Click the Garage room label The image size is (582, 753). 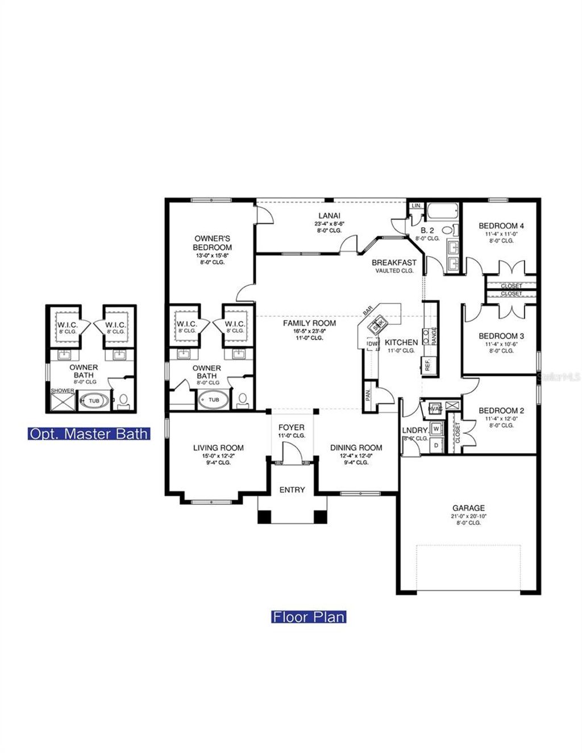468,508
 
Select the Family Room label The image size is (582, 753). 310,323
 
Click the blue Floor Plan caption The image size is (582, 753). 309,616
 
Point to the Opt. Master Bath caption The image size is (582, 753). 88,434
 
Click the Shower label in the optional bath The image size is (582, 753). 63,391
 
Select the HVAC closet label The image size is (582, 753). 435,408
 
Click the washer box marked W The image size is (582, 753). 436,428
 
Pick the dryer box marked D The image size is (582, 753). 436,445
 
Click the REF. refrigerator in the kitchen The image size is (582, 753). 427,365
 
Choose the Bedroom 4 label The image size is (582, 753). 501,225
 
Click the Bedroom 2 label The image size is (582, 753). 501,411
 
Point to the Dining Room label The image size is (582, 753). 356,447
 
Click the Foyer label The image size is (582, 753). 291,427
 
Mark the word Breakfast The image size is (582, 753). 394,263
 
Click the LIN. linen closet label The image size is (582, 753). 415,206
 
